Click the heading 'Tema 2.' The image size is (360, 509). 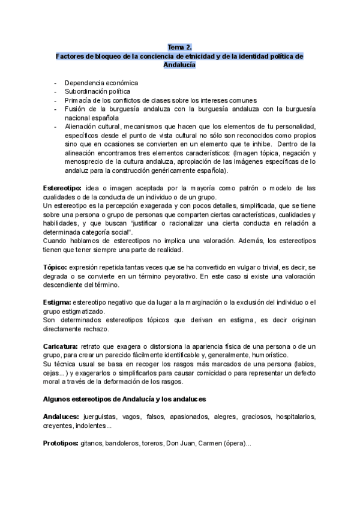point(179,47)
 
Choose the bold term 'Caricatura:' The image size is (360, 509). point(61,346)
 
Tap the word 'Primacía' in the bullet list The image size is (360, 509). point(79,100)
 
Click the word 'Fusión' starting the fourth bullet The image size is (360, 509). point(75,109)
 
